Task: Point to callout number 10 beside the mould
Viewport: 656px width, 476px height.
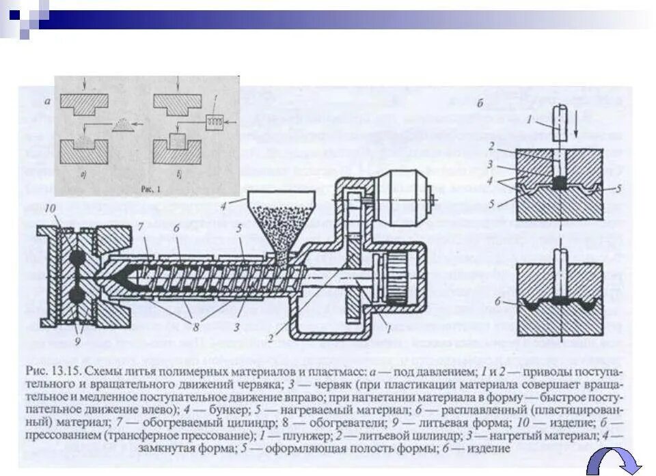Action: point(50,208)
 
